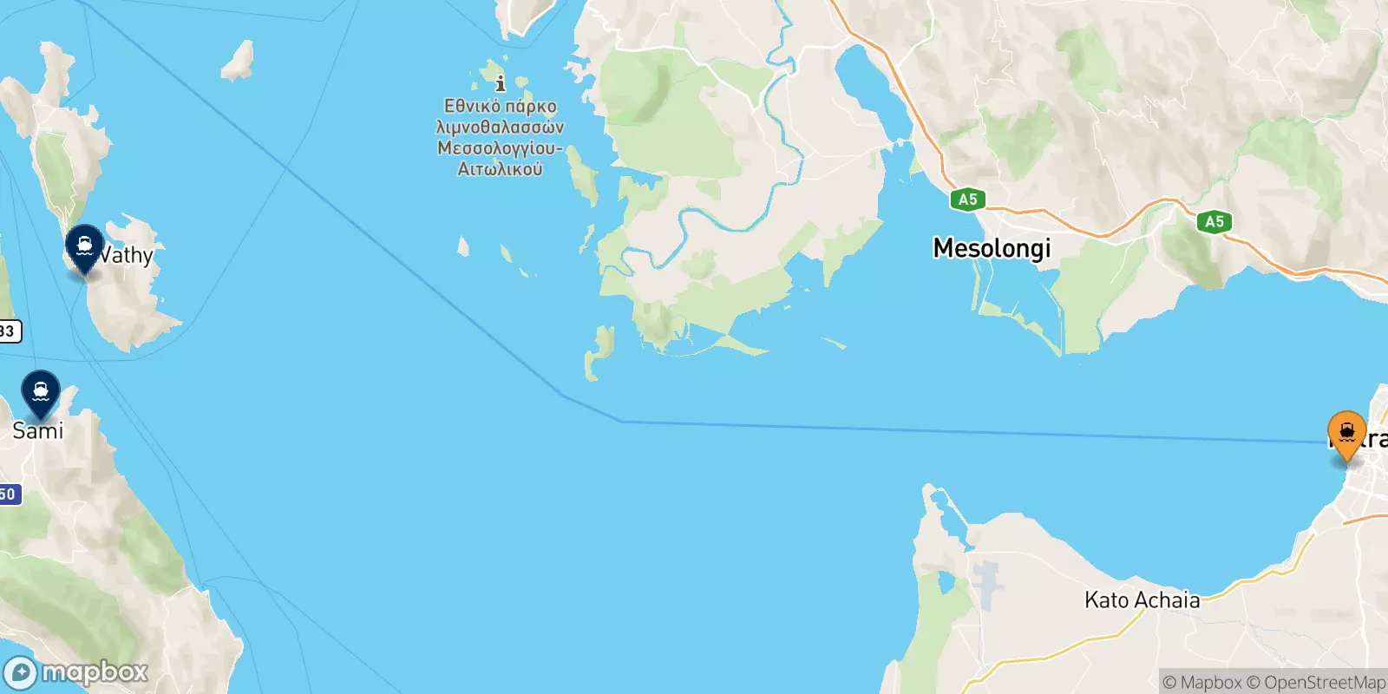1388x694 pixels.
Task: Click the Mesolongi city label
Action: pos(992,248)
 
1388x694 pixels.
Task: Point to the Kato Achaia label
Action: pos(1142,599)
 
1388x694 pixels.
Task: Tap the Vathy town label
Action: pos(127,255)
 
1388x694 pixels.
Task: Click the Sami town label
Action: pos(38,430)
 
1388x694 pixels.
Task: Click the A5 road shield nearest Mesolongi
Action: pos(967,200)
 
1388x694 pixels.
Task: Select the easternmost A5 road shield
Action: pos(1214,221)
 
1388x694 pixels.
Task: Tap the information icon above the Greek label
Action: pos(501,84)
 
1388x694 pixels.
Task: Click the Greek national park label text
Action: pos(500,138)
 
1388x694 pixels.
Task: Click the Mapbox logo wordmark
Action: pos(95,672)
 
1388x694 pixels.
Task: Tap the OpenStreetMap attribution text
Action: pos(1316,683)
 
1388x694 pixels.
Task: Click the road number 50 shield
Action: pos(8,494)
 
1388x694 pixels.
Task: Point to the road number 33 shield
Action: pos(8,331)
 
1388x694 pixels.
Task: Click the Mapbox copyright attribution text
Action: pos(1202,683)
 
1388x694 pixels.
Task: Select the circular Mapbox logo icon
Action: pos(20,673)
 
